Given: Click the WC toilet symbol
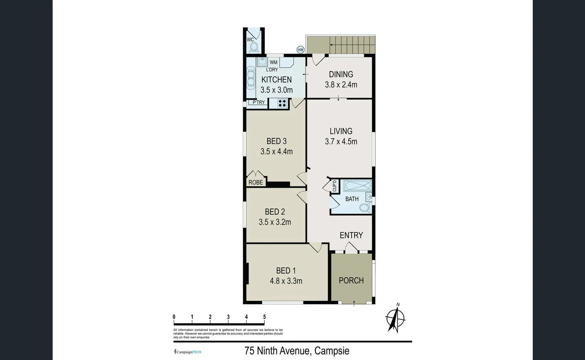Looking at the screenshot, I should click(x=254, y=47).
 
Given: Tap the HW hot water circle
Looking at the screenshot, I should click(x=300, y=50).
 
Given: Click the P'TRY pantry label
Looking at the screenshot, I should click(x=258, y=102).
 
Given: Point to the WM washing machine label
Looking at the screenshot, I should click(x=273, y=62).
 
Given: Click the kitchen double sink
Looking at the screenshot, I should click(x=251, y=78).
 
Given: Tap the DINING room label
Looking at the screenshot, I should click(x=341, y=74).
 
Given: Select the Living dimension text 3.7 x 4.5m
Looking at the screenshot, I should click(x=341, y=141).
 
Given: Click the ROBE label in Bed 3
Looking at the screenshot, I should click(x=256, y=182).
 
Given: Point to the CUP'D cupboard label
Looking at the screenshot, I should click(x=334, y=186).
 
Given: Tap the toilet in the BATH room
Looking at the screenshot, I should click(x=364, y=208).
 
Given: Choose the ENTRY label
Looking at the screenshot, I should click(x=351, y=235).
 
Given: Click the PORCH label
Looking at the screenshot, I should click(x=351, y=280).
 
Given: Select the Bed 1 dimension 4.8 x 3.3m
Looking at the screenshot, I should click(x=286, y=281).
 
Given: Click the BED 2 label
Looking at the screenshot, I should click(x=275, y=212).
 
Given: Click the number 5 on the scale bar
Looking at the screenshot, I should click(x=264, y=317).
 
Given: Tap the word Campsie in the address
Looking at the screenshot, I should click(x=331, y=351).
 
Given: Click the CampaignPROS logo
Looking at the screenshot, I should click(x=188, y=352).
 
